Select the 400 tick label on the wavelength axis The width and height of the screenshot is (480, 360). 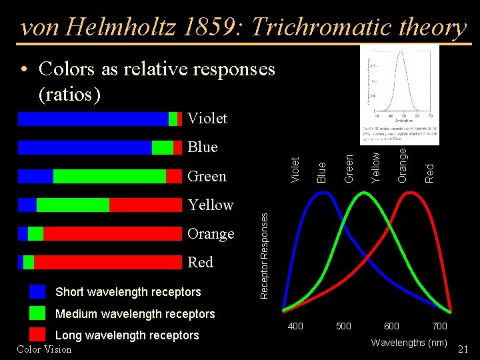point(295,326)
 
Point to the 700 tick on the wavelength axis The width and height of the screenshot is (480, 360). point(439,326)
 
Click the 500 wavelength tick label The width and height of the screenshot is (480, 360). point(343,326)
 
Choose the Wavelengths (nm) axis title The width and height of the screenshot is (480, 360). point(409,343)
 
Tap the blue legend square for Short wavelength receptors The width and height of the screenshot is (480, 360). point(38,291)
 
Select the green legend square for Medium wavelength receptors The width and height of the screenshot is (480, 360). point(38,313)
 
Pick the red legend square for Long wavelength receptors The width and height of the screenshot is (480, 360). point(38,335)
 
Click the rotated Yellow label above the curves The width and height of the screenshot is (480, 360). point(376,167)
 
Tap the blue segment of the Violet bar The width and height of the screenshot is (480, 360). point(93,119)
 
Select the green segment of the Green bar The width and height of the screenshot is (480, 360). point(109,176)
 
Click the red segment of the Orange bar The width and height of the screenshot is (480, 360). point(113,233)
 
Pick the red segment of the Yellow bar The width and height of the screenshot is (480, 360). point(145,205)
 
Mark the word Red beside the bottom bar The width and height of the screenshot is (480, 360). point(201,262)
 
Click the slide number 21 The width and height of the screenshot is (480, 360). point(464,349)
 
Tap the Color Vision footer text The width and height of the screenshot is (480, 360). point(44,349)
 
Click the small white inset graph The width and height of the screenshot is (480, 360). point(399,95)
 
